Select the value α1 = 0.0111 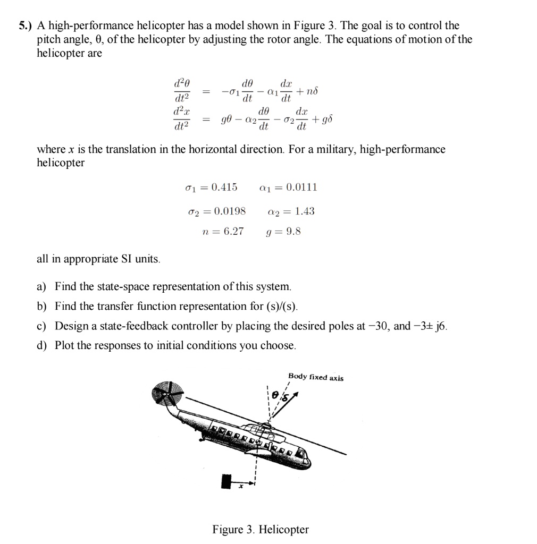pos(288,188)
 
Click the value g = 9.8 pos(283,232)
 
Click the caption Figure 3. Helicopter pos(260,530)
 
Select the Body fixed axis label pos(315,377)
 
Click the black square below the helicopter pos(226,481)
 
